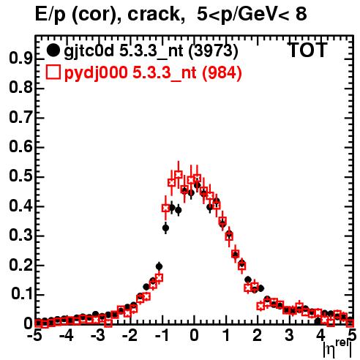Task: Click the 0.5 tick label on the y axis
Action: [x=20, y=176]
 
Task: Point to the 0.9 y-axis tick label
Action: [x=20, y=59]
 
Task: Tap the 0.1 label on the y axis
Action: [x=21, y=294]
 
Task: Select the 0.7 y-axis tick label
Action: [x=20, y=117]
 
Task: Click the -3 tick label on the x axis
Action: [x=98, y=336]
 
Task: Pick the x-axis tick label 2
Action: [x=257, y=336]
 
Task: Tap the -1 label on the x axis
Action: [x=162, y=336]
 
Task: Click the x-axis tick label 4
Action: [x=320, y=336]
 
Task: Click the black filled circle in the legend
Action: [x=53, y=50]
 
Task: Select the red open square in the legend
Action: [x=53, y=72]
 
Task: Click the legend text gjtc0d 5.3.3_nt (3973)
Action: [x=151, y=51]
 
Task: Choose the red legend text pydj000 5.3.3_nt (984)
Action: [x=153, y=73]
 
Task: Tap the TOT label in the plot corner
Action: [x=308, y=50]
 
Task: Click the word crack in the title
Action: [x=154, y=14]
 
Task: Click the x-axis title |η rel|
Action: [x=338, y=350]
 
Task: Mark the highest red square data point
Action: [x=179, y=175]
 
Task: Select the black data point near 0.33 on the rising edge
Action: [x=165, y=228]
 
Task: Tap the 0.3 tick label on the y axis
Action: [x=20, y=235]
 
